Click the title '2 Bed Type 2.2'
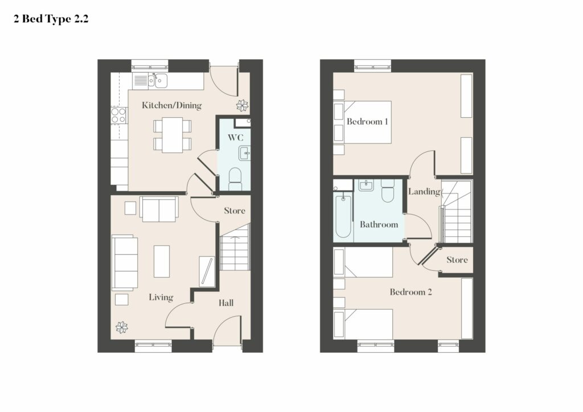click(x=51, y=19)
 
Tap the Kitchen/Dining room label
click(x=172, y=105)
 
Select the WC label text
click(x=235, y=138)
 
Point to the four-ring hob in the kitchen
click(x=118, y=115)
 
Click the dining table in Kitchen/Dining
click(x=173, y=135)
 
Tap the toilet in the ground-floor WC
click(x=235, y=179)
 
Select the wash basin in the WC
click(x=245, y=153)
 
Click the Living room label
click(x=161, y=297)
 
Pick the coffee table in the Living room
click(x=162, y=261)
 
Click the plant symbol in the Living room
click(x=122, y=327)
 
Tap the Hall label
click(x=226, y=303)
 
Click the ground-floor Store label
click(x=235, y=211)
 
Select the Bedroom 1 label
click(x=367, y=121)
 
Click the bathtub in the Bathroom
click(x=343, y=216)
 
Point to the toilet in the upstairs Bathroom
click(x=387, y=191)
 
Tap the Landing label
click(x=424, y=192)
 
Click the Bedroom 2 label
click(x=411, y=292)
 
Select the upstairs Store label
click(x=457, y=259)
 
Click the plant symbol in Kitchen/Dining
click(x=243, y=105)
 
